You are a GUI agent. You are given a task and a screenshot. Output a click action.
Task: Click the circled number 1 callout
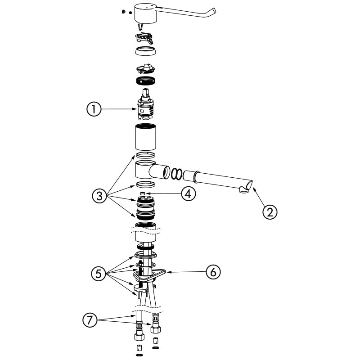[x=94, y=109]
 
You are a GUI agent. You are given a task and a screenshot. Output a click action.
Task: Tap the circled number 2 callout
[x=270, y=211]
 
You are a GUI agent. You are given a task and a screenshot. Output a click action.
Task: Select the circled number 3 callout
[x=99, y=196]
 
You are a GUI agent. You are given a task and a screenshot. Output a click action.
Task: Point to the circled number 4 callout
[x=188, y=194]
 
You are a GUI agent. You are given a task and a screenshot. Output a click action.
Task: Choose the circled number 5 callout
[x=99, y=274]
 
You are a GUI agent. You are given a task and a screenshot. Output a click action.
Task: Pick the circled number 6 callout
[x=213, y=272]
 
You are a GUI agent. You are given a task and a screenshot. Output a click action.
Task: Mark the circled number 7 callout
[x=90, y=320]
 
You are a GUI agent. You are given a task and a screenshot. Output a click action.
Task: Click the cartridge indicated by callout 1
[x=145, y=104]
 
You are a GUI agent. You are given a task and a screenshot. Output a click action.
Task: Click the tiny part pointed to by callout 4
[x=143, y=193]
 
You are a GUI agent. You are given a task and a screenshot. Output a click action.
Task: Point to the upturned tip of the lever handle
[x=213, y=12]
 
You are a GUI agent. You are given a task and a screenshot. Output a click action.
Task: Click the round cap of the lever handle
[x=145, y=13]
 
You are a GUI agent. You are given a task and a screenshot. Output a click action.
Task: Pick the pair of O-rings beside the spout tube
[x=176, y=174]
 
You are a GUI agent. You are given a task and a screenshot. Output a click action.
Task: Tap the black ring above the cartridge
[x=145, y=81]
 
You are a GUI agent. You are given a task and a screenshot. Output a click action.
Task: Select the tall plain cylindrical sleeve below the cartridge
[x=145, y=137]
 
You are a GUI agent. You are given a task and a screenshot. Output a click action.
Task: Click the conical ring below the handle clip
[x=146, y=51]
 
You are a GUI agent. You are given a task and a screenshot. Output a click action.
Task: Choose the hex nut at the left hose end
[x=139, y=337]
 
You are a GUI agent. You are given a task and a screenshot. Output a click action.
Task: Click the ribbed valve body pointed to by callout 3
[x=145, y=208]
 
